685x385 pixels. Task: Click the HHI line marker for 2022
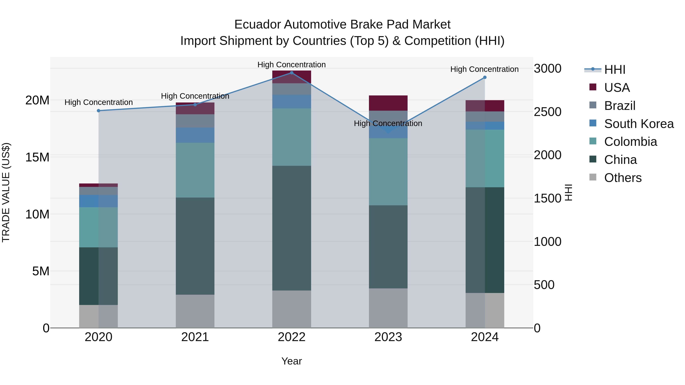coord(292,73)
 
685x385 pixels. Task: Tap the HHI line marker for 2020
coord(98,111)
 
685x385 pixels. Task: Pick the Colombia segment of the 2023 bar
coord(388,172)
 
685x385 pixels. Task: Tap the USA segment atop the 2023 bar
coord(388,103)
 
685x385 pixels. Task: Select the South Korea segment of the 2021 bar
coord(195,135)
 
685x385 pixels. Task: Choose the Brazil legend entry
coord(620,106)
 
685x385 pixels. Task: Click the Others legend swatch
coord(593,177)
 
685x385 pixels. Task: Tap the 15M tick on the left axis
coord(37,157)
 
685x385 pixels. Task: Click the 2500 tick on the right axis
coord(547,112)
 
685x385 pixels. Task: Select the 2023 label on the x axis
coord(388,337)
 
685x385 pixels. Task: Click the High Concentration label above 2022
coord(292,65)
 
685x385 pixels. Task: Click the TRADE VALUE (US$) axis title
coord(6,192)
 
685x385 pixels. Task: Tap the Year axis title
coord(292,361)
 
